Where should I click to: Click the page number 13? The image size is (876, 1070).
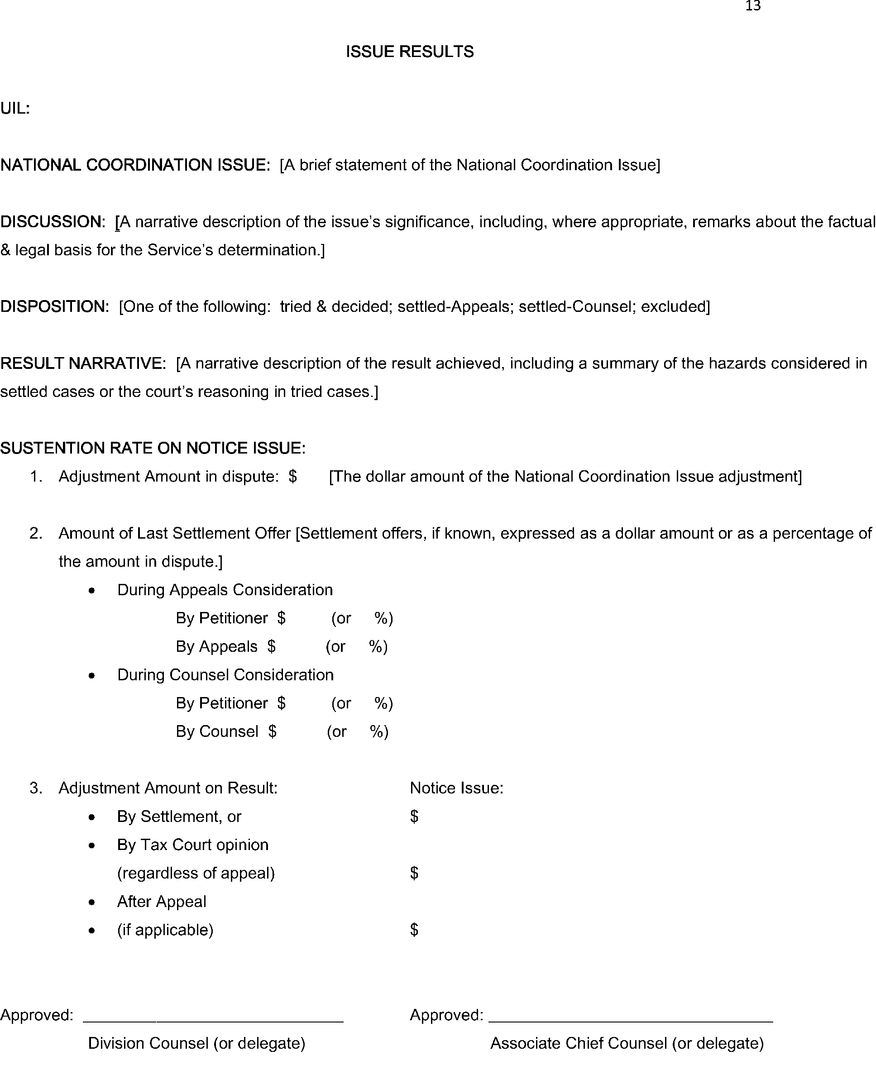point(752,6)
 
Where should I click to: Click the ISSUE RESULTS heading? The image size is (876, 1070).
point(410,52)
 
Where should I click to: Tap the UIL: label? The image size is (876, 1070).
point(15,109)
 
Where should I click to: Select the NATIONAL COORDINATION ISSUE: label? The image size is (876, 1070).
point(135,165)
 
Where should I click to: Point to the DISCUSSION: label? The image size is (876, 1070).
point(53,221)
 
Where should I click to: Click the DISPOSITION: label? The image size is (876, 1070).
point(54,307)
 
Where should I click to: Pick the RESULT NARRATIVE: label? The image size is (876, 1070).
point(83,363)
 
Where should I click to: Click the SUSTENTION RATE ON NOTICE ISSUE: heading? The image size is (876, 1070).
point(153,448)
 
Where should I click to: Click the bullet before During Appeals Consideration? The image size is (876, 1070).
point(91,591)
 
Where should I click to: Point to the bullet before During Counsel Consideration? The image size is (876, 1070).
point(91,675)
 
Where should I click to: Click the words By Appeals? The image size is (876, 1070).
point(216,647)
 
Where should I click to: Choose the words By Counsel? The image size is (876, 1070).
point(217,731)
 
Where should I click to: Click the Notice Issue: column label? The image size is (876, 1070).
point(457,788)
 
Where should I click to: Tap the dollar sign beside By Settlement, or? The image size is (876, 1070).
point(414,816)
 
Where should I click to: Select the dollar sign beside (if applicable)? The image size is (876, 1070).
point(414,929)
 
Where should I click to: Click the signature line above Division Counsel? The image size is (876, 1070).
point(213,1022)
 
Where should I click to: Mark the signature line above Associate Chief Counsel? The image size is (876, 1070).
point(631,1022)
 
